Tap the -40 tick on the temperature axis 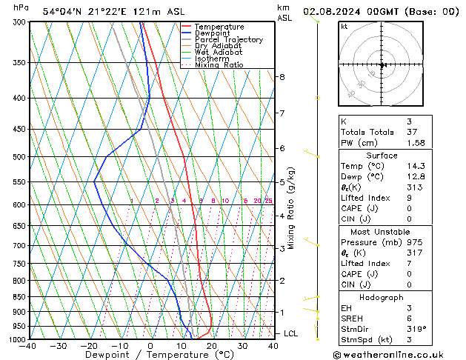click(x=28, y=346)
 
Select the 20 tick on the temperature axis click(x=212, y=346)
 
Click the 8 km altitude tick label click(x=282, y=77)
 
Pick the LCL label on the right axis click(x=291, y=334)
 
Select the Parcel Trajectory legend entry click(x=228, y=40)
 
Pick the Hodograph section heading click(x=382, y=297)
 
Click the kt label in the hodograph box click(x=344, y=27)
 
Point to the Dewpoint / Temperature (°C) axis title click(x=150, y=356)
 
